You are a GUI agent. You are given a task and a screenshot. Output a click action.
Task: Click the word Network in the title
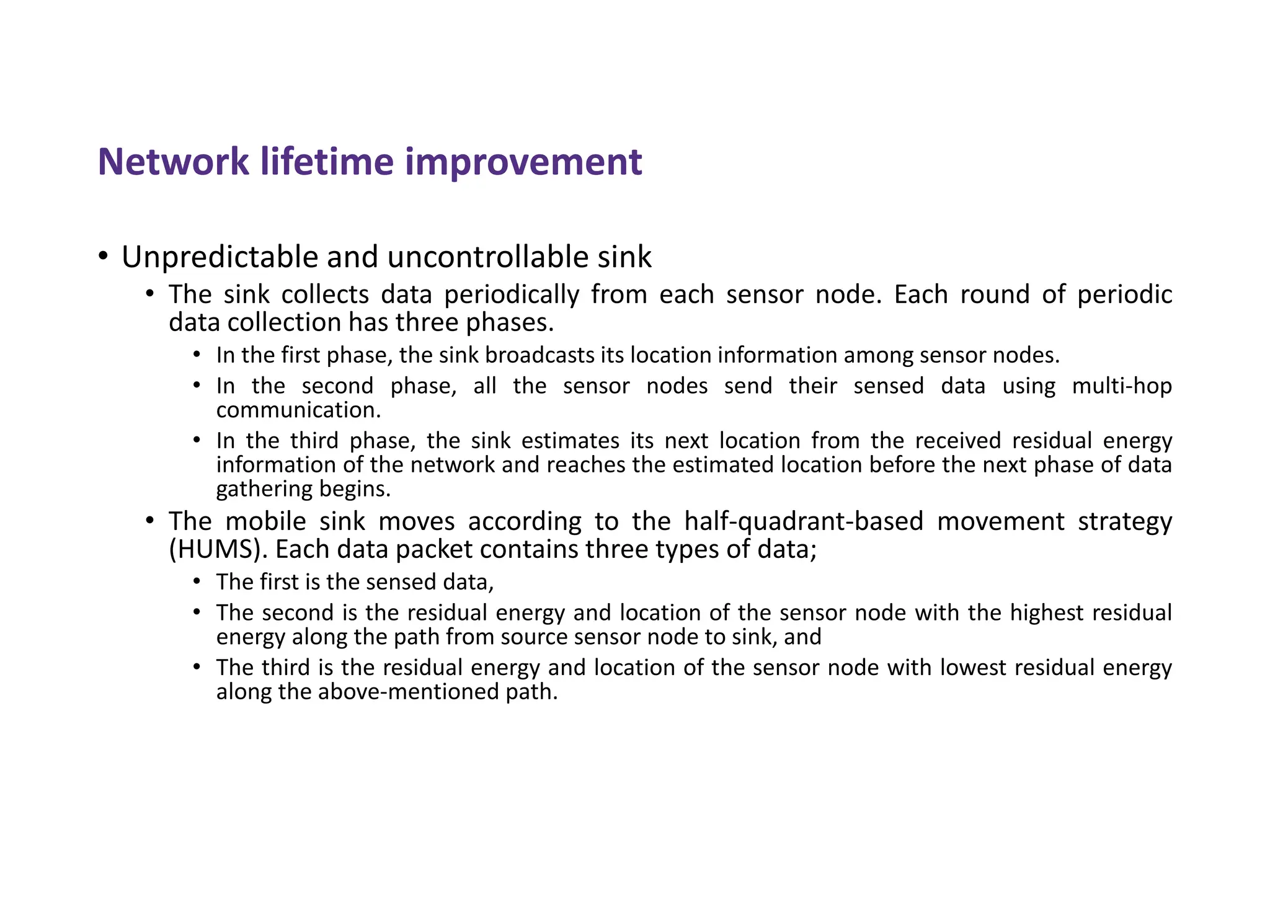173,162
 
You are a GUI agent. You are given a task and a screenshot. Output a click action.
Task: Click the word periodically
511,294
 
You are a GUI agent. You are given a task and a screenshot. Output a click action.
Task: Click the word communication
298,410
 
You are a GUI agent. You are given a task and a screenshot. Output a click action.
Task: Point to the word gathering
265,489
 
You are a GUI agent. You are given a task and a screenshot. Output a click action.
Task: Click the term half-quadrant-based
804,521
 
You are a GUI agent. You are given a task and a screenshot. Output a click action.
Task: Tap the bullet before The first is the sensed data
197,581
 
